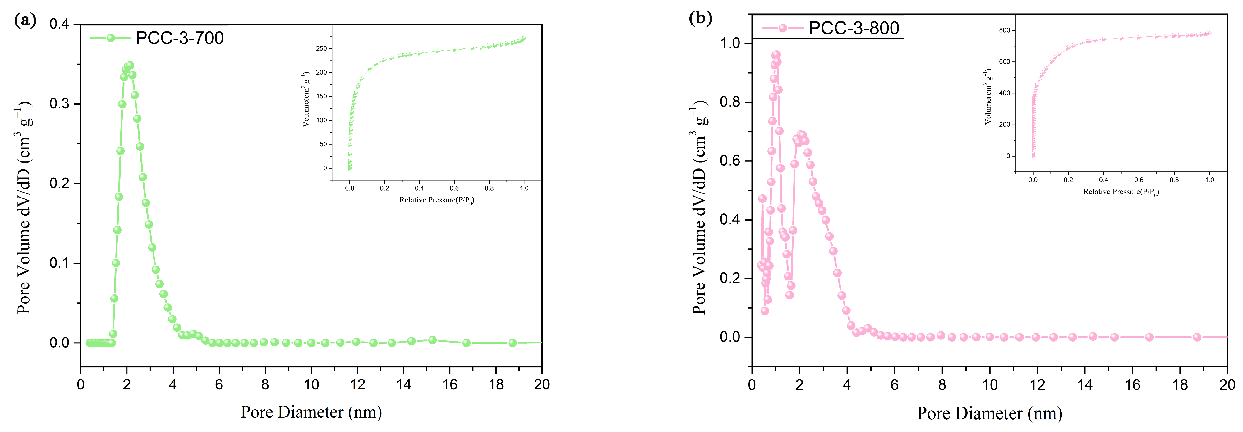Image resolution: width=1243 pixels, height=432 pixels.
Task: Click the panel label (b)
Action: click(x=700, y=18)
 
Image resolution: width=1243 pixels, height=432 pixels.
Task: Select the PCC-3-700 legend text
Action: click(x=179, y=38)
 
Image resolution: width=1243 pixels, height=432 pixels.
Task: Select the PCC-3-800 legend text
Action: click(x=853, y=28)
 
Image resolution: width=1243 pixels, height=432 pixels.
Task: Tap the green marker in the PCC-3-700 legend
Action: click(x=111, y=38)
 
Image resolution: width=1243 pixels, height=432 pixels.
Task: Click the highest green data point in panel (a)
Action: click(x=129, y=65)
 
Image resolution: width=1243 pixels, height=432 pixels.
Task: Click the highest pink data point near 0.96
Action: click(x=776, y=55)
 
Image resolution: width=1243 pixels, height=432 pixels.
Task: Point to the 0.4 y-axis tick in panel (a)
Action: click(x=59, y=24)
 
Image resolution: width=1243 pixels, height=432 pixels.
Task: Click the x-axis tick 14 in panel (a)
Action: click(x=403, y=384)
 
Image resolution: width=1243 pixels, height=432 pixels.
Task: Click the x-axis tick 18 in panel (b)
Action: click(x=1180, y=384)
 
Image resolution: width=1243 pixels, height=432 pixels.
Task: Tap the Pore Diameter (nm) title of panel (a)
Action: click(x=311, y=412)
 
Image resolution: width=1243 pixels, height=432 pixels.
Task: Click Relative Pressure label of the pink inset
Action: click(x=1121, y=192)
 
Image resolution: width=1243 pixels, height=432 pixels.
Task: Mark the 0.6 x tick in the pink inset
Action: click(x=1139, y=180)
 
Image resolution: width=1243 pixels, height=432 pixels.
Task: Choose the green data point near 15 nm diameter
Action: click(x=432, y=340)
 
